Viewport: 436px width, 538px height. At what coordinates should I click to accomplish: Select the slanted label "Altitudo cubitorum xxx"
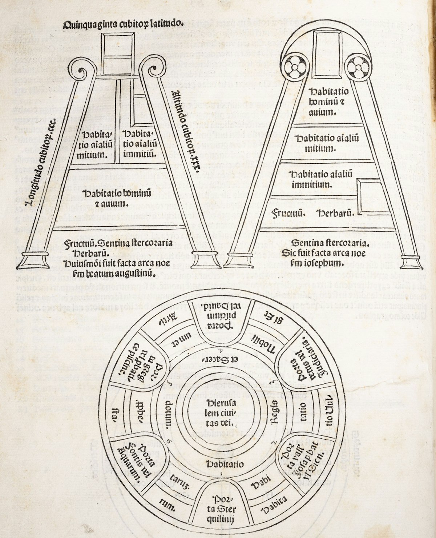coord(185,132)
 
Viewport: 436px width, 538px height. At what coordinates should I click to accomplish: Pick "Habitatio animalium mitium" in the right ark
coord(320,143)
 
